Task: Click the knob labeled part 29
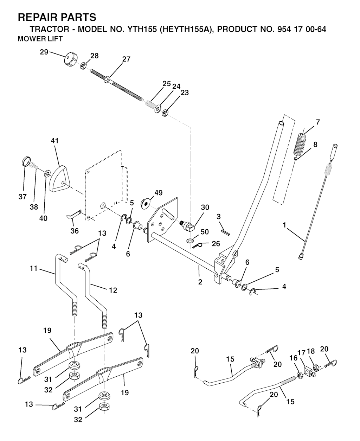coord(70,58)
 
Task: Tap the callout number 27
coord(126,59)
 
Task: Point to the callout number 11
coord(33,269)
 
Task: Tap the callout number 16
coord(293,358)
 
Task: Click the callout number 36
coord(75,231)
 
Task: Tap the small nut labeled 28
coord(84,65)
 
